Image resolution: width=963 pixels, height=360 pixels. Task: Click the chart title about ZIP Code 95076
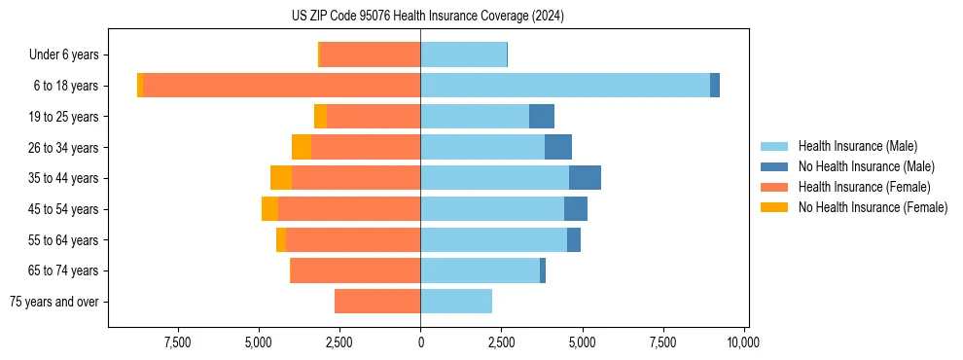tap(427, 17)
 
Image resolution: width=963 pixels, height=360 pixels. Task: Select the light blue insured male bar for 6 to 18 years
tap(565, 86)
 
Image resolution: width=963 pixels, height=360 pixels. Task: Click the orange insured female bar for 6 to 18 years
tap(282, 86)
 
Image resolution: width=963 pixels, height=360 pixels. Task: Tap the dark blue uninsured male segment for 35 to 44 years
tap(585, 178)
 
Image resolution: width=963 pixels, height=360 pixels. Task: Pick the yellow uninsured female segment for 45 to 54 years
tap(269, 209)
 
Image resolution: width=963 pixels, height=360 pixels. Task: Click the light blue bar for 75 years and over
tap(456, 302)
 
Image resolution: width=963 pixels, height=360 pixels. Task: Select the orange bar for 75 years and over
tap(377, 302)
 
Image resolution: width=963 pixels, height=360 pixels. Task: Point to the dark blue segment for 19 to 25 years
tap(542, 117)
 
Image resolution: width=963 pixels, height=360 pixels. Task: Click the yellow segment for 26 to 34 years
tap(302, 147)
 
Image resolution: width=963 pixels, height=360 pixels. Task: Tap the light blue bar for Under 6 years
tap(463, 54)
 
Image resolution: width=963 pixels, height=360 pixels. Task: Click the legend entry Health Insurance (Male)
tap(857, 146)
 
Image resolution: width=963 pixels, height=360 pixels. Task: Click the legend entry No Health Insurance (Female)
tap(873, 207)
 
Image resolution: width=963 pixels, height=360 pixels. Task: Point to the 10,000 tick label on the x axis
tap(743, 342)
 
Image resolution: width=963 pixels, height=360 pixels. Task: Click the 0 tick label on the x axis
tap(420, 342)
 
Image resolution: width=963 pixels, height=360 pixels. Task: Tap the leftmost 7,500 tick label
tap(178, 342)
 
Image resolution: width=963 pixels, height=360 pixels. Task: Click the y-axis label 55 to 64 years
tap(63, 240)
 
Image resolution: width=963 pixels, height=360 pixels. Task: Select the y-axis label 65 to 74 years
tap(63, 270)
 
